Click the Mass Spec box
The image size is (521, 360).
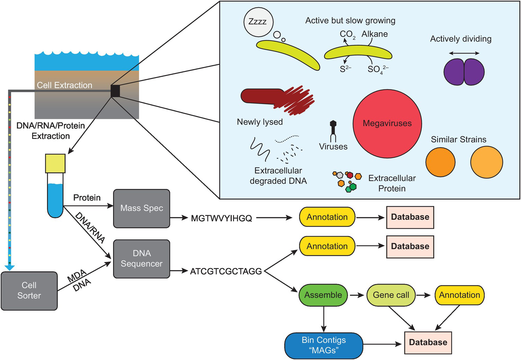tap(142, 208)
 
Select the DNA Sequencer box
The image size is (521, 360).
tap(142, 259)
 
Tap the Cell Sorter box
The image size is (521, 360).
tap(29, 291)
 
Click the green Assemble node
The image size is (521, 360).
tap(323, 295)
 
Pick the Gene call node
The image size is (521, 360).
tap(391, 295)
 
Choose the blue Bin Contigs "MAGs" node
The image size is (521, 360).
tap(324, 345)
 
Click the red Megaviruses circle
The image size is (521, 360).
tap(387, 123)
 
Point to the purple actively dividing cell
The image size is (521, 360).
tap(464, 72)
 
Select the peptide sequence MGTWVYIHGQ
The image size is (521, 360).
tap(221, 218)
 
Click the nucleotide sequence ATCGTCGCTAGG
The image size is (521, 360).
tap(226, 271)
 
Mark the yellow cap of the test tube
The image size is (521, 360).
tap(55, 163)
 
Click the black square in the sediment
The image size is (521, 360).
tap(115, 91)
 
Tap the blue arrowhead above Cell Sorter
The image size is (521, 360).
tap(10, 267)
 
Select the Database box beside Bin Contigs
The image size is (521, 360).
tap(428, 342)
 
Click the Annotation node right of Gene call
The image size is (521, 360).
tap(459, 295)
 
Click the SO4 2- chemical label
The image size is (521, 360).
tap(377, 69)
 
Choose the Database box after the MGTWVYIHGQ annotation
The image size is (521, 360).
tap(410, 217)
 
